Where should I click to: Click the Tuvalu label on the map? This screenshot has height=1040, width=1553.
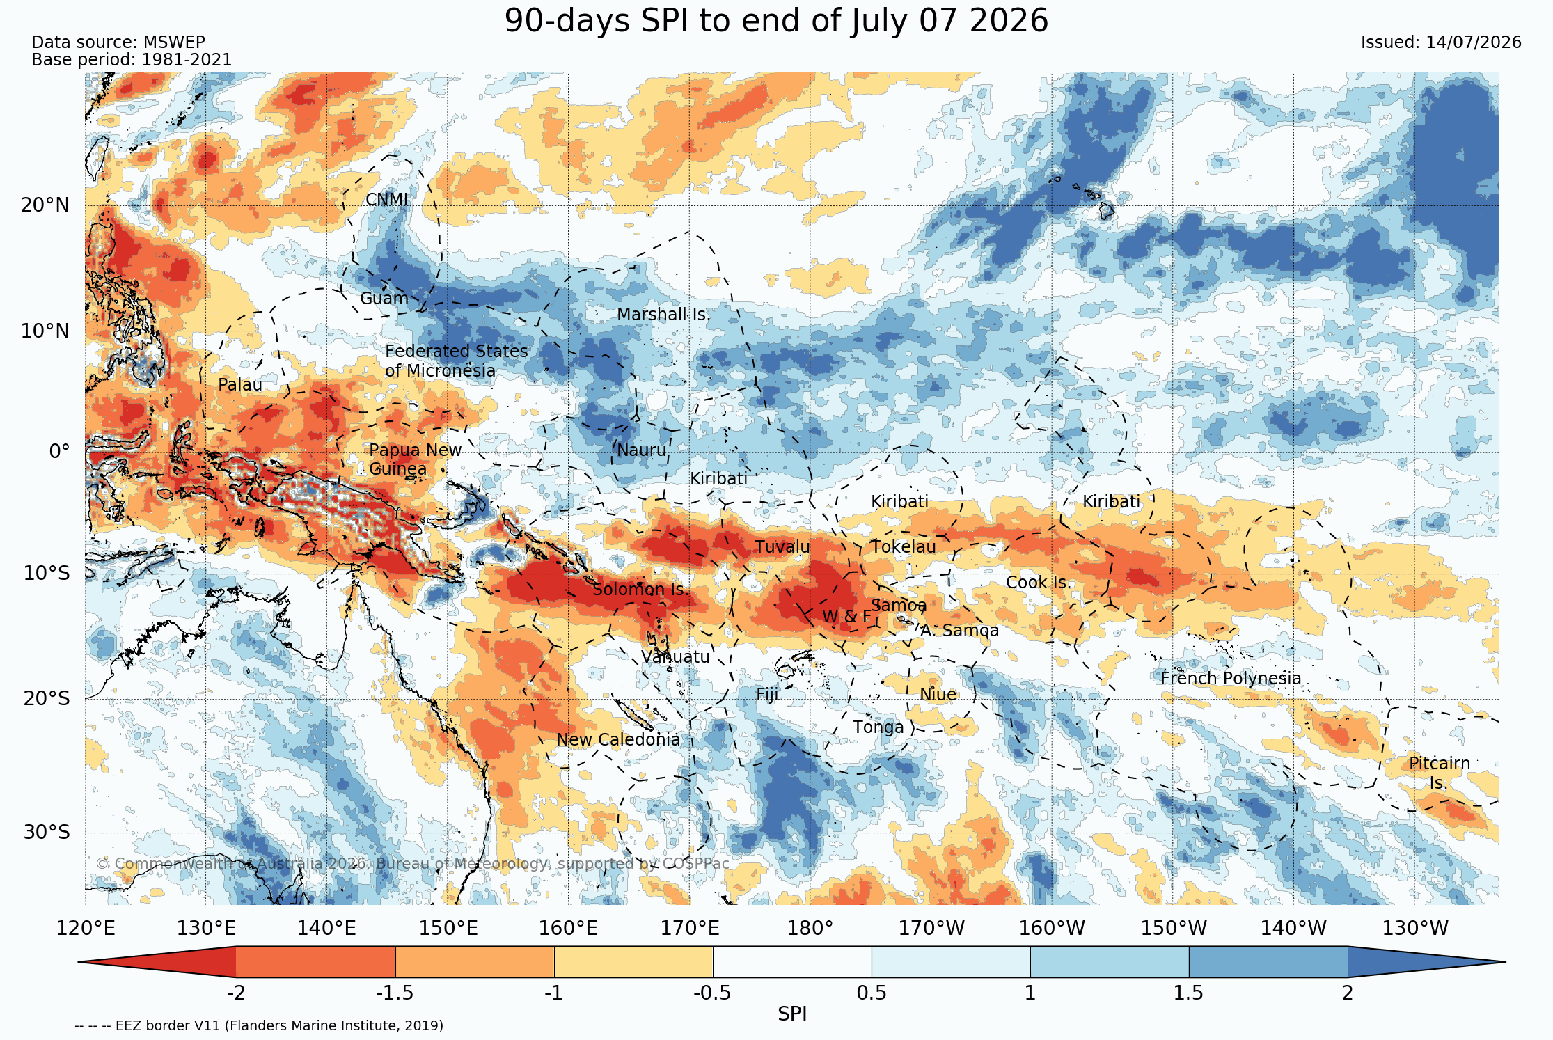782,547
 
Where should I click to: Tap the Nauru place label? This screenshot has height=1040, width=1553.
642,450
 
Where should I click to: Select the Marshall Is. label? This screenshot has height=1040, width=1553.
663,315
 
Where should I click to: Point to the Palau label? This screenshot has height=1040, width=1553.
240,385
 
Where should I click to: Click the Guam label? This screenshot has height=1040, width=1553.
384,299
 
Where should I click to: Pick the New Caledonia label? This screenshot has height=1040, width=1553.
618,740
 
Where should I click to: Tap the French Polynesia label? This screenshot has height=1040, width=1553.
1231,679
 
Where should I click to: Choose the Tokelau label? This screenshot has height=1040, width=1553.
904,547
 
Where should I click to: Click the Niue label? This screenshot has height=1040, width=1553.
938,695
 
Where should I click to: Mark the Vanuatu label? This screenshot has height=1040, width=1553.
675,657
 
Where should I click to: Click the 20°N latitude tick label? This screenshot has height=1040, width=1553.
45,205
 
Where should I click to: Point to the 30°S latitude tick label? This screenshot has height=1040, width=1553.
47,833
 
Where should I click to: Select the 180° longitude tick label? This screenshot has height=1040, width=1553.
810,929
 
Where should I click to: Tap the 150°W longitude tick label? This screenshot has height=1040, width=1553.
1174,929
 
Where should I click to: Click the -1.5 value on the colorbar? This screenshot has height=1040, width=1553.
395,993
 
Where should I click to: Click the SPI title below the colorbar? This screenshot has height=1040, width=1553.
792,1014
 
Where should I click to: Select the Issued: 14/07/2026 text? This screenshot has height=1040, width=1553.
1441,42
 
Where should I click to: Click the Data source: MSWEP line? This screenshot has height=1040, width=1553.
118,42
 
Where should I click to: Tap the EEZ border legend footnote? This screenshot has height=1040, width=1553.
259,1025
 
